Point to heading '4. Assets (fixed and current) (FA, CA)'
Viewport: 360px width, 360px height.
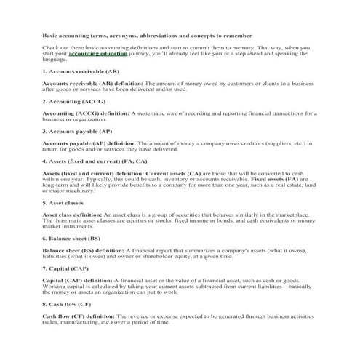coord(95,161)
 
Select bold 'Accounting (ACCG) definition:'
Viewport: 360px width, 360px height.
coord(86,113)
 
